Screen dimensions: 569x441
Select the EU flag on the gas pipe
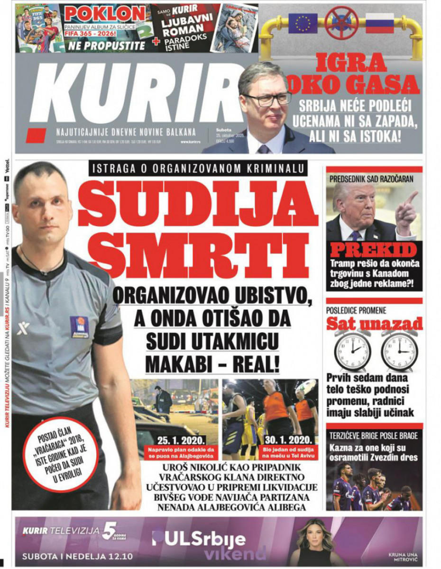click(x=303, y=23)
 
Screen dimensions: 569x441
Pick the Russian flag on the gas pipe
click(x=379, y=23)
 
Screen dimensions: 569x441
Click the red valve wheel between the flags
click(x=341, y=22)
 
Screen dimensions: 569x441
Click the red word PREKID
click(x=374, y=250)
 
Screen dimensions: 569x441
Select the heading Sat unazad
click(x=374, y=324)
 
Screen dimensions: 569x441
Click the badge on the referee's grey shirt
click(x=79, y=327)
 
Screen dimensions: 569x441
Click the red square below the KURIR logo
click(x=36, y=135)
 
